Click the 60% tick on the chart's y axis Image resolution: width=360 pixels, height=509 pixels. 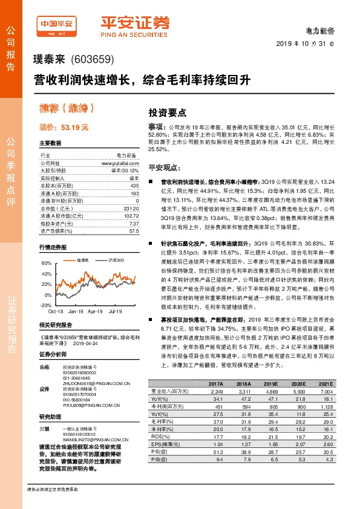pyautogui.click(x=45, y=264)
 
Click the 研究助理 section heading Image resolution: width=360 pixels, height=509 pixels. pyautogui.click(x=51, y=417)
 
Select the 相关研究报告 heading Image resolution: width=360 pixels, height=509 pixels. pyautogui.click(x=56, y=325)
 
